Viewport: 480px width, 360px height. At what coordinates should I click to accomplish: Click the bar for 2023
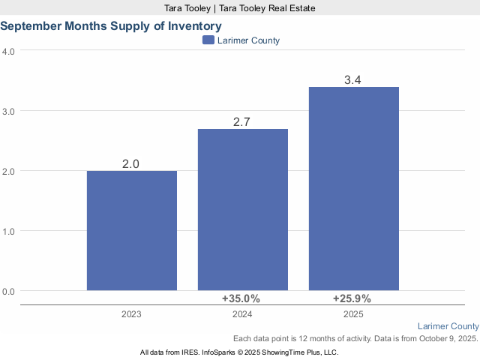pyautogui.click(x=132, y=230)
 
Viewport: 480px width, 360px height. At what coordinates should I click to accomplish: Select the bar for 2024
pyautogui.click(x=243, y=209)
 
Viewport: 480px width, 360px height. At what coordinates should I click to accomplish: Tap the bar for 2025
pyautogui.click(x=354, y=188)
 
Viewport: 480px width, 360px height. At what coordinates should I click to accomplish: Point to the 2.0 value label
pyautogui.click(x=132, y=163)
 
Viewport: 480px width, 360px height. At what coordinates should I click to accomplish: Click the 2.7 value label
pyautogui.click(x=243, y=121)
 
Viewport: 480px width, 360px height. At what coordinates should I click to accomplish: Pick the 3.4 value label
pyautogui.click(x=354, y=79)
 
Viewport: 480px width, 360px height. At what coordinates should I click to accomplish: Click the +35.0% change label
pyautogui.click(x=241, y=298)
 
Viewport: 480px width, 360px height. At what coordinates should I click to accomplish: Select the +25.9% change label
pyautogui.click(x=352, y=298)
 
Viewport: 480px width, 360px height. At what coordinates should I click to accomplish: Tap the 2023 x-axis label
pyautogui.click(x=131, y=315)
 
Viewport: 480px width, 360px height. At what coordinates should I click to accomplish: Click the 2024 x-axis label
pyautogui.click(x=242, y=315)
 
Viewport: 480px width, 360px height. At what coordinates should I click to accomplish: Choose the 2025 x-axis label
pyautogui.click(x=353, y=315)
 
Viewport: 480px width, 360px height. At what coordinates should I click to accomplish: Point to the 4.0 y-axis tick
pyautogui.click(x=9, y=51)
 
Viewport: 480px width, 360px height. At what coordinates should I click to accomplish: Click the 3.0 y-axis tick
pyautogui.click(x=9, y=111)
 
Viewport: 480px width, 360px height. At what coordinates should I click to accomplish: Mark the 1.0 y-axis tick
pyautogui.click(x=9, y=231)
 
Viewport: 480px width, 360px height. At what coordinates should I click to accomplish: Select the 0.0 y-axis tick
pyautogui.click(x=9, y=291)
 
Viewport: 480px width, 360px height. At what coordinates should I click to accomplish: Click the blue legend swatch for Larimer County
pyautogui.click(x=208, y=40)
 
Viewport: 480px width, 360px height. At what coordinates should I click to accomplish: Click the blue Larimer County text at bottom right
pyautogui.click(x=448, y=326)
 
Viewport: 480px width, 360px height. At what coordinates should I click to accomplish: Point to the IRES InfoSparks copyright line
pyautogui.click(x=239, y=352)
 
